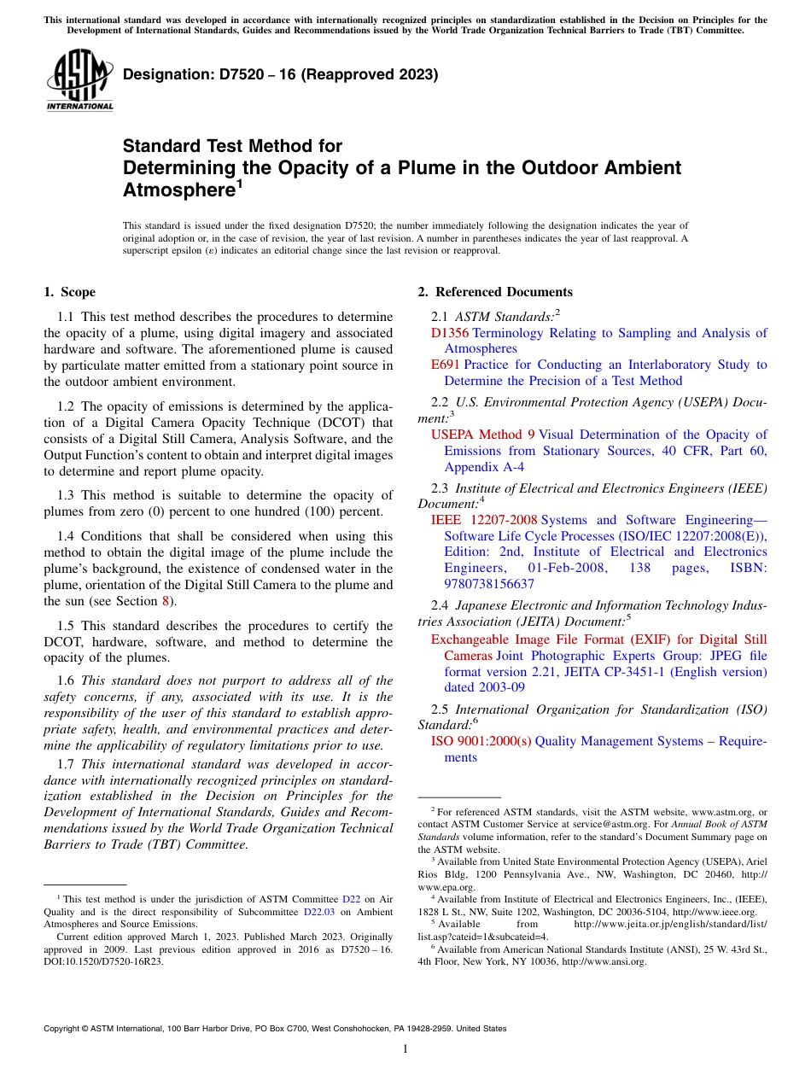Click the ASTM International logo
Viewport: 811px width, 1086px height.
pos(79,80)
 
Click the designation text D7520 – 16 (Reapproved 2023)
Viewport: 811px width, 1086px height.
pos(280,74)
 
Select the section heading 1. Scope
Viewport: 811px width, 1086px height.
pos(70,292)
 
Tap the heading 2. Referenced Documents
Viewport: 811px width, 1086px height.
pos(495,292)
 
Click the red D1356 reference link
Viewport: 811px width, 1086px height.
pos(449,333)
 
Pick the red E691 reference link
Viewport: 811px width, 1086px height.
pos(445,365)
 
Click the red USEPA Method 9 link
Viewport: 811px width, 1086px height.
pos(482,435)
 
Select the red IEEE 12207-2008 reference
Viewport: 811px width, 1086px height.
pos(484,520)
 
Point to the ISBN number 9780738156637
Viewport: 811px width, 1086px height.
pos(489,584)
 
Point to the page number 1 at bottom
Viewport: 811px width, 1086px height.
pos(405,1049)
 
